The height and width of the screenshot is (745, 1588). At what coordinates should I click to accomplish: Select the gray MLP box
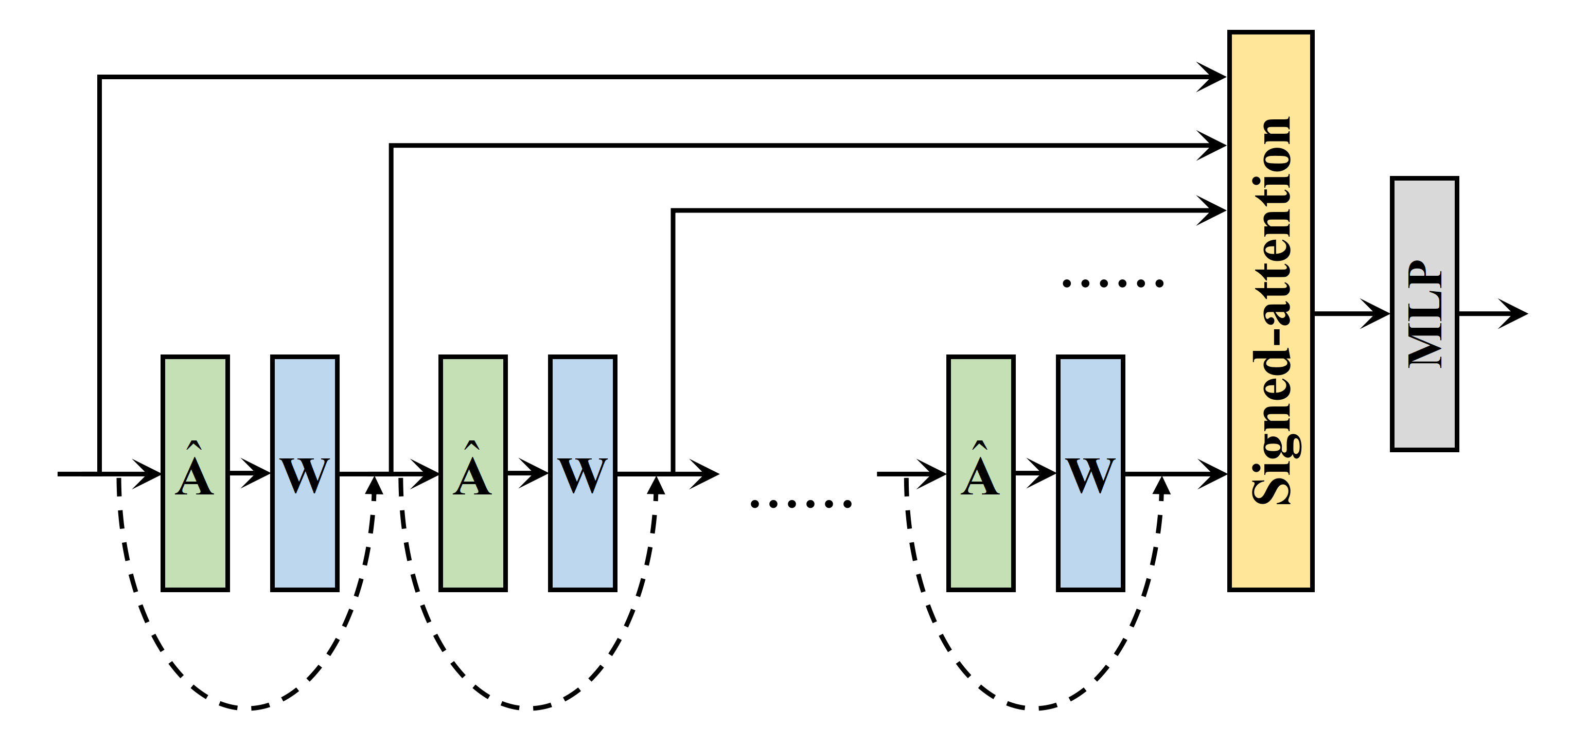click(1424, 314)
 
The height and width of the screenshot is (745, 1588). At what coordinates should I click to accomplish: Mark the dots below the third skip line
click(1113, 283)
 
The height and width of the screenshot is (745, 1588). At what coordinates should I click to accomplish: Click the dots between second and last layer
click(800, 504)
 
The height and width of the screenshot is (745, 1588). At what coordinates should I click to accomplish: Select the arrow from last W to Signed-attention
click(1177, 474)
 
